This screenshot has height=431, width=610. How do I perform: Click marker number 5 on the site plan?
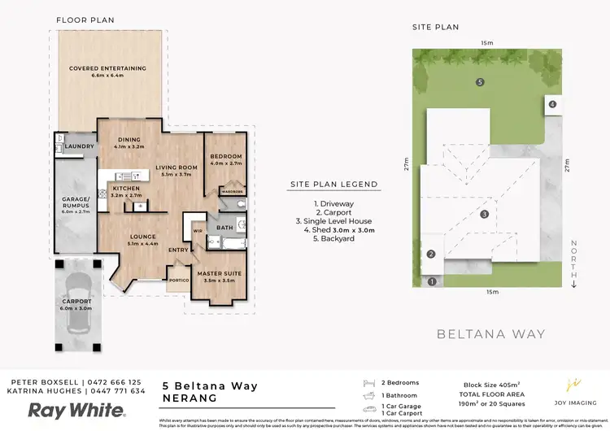(x=480, y=82)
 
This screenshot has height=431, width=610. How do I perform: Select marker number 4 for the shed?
(x=551, y=104)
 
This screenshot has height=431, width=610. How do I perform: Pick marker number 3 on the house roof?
(x=484, y=215)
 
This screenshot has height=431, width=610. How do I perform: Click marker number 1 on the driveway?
(x=432, y=281)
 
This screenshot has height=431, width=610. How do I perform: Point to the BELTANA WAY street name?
(x=490, y=333)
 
